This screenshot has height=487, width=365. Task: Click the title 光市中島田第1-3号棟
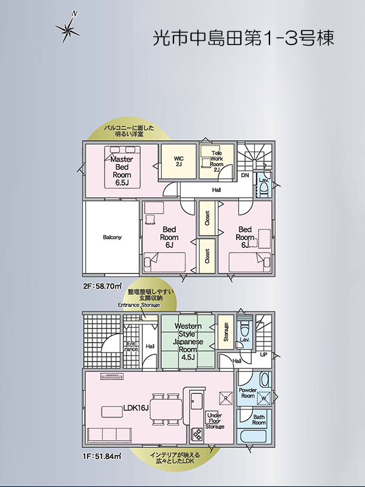pos(244,38)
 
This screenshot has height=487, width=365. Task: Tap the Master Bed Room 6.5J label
pos(122,171)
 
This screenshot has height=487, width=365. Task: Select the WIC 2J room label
pos(178,161)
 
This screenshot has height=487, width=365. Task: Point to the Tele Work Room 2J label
pos(217,161)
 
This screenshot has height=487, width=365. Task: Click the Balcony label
pos(112,237)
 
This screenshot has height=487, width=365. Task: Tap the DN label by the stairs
pos(245,175)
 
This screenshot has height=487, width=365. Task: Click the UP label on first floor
pos(263,354)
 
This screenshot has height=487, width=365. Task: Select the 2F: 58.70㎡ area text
pos(102,286)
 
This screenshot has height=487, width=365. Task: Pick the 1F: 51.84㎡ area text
pos(102,456)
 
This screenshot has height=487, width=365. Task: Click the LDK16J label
pos(136,408)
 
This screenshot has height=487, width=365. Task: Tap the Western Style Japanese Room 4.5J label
pos(188,342)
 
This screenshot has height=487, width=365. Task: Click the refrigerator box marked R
pos(226,398)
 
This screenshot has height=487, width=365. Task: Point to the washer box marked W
pos(264,398)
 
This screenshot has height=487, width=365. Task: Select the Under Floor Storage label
pos(215,421)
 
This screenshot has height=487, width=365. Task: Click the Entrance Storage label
pos(139,305)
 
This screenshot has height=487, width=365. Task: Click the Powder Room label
pos(248,393)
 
